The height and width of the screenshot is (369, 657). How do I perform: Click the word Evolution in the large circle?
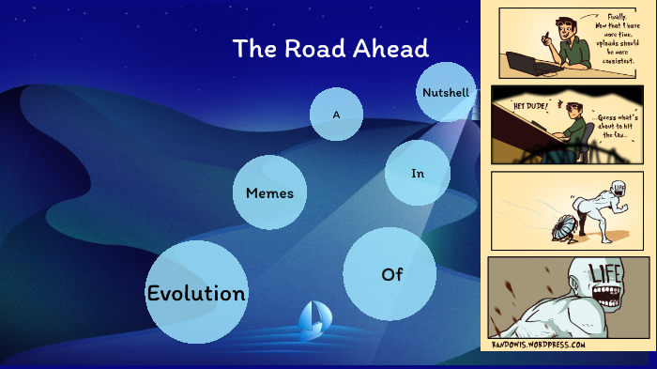pyautogui.click(x=196, y=293)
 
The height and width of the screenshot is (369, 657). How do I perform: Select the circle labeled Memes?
pyautogui.click(x=270, y=193)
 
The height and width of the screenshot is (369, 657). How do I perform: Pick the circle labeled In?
pyautogui.click(x=418, y=174)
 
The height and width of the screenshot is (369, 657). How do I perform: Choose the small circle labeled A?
pyautogui.click(x=336, y=115)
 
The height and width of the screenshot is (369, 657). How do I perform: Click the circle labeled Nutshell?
pyautogui.click(x=446, y=92)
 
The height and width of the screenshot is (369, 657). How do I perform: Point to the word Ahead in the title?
pyautogui.click(x=394, y=49)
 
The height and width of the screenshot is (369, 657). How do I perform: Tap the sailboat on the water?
pyautogui.click(x=313, y=321)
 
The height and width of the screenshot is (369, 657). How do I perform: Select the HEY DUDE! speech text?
pyautogui.click(x=530, y=106)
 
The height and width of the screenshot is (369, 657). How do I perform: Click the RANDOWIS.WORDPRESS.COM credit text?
pyautogui.click(x=539, y=345)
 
